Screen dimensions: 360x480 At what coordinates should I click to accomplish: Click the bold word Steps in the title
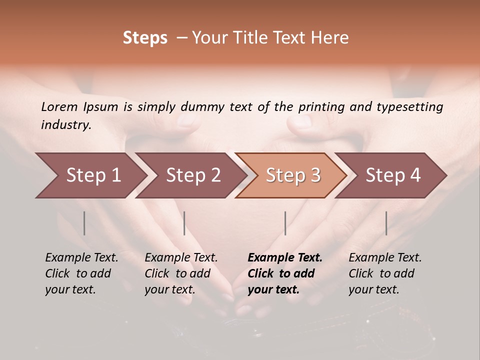click(145, 38)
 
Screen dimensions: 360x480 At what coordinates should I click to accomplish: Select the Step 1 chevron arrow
click(90, 175)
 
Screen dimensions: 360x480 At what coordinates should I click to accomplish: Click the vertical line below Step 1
click(84, 223)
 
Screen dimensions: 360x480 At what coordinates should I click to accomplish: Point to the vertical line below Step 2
click(184, 223)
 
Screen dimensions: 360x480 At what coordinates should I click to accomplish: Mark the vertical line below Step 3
click(285, 223)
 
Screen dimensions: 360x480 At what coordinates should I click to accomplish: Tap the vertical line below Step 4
click(386, 223)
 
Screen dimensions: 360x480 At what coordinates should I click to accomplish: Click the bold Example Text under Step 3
click(285, 258)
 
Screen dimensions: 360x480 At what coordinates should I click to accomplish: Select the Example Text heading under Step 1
click(81, 258)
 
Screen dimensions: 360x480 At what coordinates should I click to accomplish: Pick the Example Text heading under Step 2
click(181, 258)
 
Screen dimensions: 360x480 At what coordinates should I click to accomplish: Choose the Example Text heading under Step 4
click(385, 258)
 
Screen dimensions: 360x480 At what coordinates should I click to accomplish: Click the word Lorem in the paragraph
click(59, 107)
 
